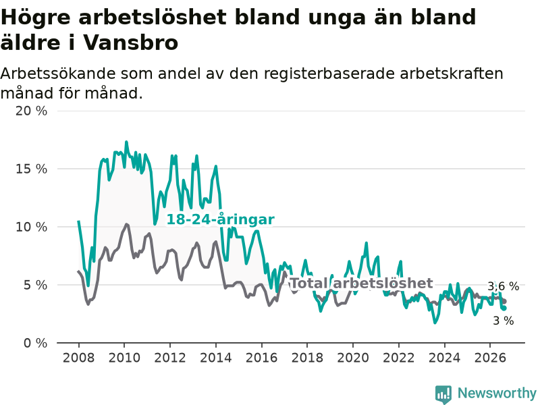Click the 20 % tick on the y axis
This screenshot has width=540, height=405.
click(x=31, y=111)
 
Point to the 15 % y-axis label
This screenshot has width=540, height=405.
click(x=31, y=169)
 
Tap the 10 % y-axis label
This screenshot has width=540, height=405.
click(x=31, y=227)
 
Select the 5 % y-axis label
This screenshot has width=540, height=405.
click(x=36, y=285)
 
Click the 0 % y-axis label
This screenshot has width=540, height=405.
click(x=36, y=343)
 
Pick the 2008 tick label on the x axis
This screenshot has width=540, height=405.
click(x=78, y=358)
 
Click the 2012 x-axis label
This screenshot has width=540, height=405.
click(x=170, y=358)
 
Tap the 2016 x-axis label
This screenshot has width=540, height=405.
click(x=261, y=358)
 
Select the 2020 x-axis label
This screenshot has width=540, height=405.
click(x=353, y=358)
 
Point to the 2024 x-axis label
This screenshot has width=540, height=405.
click(x=444, y=358)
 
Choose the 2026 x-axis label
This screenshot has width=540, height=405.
click(x=490, y=358)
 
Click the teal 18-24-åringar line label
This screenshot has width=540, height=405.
click(x=221, y=219)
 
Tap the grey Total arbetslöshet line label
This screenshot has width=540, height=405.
click(x=362, y=283)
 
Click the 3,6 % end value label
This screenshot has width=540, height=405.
click(x=503, y=286)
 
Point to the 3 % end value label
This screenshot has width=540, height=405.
click(x=504, y=321)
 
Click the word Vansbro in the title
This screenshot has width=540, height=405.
click(x=131, y=43)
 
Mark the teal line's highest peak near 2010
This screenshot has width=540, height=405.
click(x=126, y=142)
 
